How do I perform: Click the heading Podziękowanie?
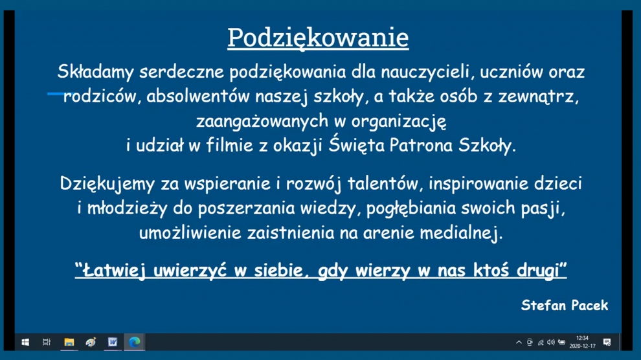[318, 38]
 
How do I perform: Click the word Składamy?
[96, 73]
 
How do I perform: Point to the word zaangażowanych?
[262, 121]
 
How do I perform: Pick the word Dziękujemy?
[107, 184]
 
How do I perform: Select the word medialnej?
[461, 233]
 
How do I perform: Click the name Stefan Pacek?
[565, 305]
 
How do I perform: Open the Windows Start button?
[25, 342]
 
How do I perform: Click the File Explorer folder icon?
[69, 342]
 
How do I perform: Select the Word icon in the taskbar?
[113, 342]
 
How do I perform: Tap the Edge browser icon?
[135, 342]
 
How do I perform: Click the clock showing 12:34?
[582, 338]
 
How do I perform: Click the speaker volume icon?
[551, 342]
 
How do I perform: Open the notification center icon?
[607, 342]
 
